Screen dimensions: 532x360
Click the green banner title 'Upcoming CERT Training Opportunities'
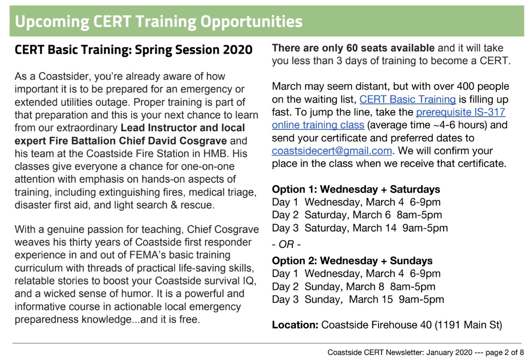tap(159, 21)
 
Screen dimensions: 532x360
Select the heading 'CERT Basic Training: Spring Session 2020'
tap(133, 50)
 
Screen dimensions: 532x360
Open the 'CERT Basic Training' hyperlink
tap(408, 99)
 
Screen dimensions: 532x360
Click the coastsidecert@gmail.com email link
tap(332, 151)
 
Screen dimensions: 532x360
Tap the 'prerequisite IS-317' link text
tap(460, 112)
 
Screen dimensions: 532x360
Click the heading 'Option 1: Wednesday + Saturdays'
tap(356, 189)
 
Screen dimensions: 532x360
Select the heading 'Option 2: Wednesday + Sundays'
tap(352, 261)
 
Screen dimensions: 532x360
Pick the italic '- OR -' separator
tap(286, 244)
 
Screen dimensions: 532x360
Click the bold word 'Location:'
tap(295, 325)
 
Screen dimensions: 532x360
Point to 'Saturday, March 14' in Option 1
tap(350, 228)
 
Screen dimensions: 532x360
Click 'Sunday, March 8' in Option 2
tap(344, 287)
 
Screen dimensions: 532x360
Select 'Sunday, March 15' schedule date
tap(349, 299)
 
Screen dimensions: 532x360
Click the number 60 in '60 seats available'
tap(352, 48)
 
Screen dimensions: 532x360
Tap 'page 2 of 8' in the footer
tap(505, 353)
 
